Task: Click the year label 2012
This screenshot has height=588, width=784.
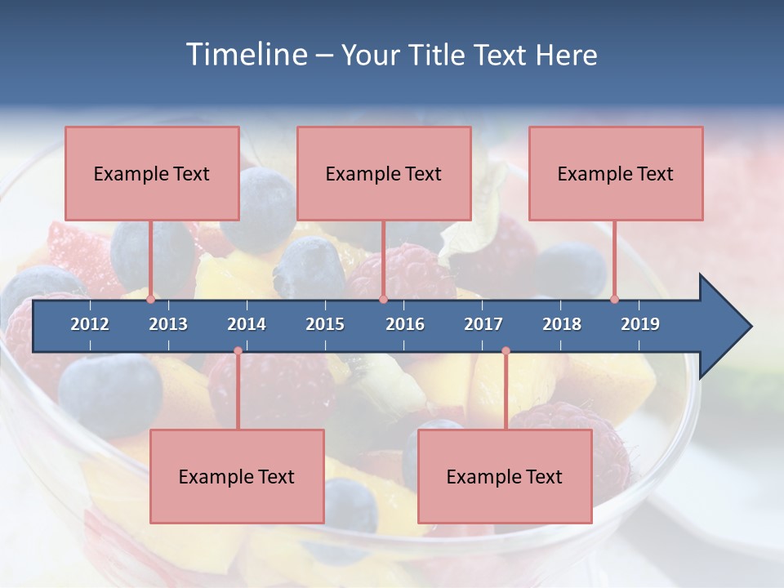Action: click(x=90, y=324)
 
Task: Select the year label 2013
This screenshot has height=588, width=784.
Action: click(x=168, y=324)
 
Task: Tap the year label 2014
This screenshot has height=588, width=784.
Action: click(x=247, y=324)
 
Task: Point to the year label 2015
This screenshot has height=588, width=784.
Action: click(x=325, y=324)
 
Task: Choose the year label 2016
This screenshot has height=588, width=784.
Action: click(x=405, y=324)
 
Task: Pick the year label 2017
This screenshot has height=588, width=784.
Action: click(x=483, y=324)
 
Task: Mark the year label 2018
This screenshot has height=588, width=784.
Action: click(x=562, y=324)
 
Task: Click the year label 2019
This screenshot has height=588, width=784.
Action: click(x=640, y=324)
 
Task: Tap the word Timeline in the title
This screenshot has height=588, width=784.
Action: click(x=245, y=55)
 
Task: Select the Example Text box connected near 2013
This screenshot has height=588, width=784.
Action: click(x=152, y=173)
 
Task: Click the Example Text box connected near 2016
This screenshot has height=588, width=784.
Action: click(x=384, y=173)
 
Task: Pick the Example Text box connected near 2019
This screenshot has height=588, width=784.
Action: click(x=616, y=173)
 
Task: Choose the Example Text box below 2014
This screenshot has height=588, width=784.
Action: click(x=237, y=476)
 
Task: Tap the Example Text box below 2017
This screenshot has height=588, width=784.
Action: click(x=505, y=476)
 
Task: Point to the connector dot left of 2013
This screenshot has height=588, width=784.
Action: click(x=150, y=300)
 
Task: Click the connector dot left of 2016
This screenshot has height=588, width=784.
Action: click(x=383, y=300)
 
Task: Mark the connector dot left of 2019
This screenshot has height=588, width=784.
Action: click(x=614, y=300)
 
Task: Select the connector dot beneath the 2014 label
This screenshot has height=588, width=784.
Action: click(x=238, y=351)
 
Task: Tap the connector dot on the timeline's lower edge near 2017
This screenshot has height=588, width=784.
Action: click(x=506, y=351)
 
